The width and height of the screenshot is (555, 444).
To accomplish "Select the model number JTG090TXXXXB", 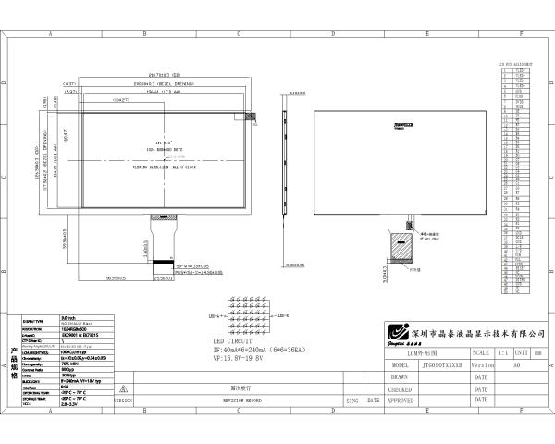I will (x=443, y=365).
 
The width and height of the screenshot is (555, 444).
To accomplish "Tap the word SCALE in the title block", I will (x=482, y=353).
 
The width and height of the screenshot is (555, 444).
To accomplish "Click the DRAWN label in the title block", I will (x=399, y=377).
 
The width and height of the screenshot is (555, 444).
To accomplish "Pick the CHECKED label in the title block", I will (x=401, y=389).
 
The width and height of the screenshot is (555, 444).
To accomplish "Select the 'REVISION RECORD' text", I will (x=240, y=401).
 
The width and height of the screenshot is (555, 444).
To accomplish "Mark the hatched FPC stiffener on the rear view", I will (x=402, y=245).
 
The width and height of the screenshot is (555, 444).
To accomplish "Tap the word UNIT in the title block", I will (x=522, y=353).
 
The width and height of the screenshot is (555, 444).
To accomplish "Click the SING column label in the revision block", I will (x=351, y=401).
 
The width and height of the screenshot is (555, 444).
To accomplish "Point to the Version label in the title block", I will (x=483, y=365).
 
